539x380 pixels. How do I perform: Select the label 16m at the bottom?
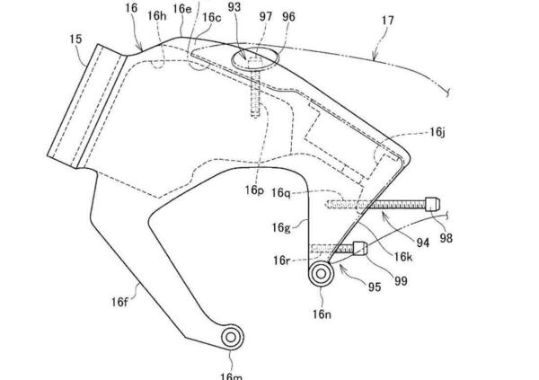pyautogui.click(x=231, y=374)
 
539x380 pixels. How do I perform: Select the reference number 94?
pyautogui.click(x=422, y=242)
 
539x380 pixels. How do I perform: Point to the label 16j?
pyautogui.click(x=437, y=132)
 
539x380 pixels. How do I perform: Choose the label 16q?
pyautogui.click(x=281, y=192)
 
